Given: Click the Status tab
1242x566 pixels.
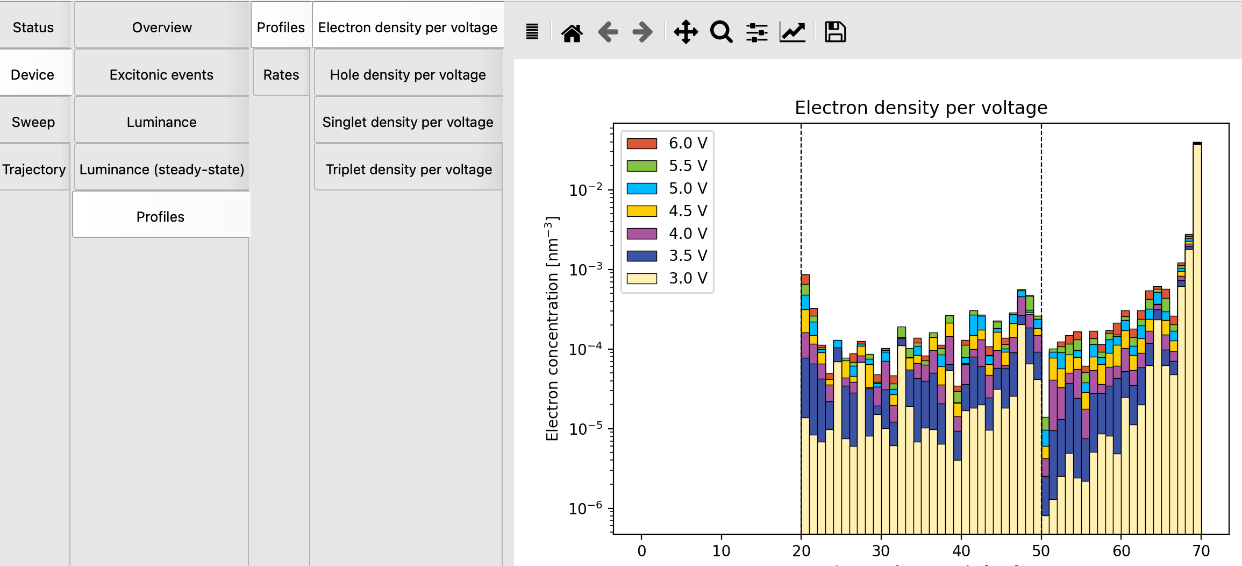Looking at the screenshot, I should tap(33, 27).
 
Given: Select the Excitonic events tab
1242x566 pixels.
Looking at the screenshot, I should tap(161, 75).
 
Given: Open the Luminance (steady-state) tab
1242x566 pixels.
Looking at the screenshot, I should tap(161, 169).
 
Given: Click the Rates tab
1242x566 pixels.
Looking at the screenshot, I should tap(281, 75).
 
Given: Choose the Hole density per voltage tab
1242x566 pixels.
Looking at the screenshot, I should tap(408, 75).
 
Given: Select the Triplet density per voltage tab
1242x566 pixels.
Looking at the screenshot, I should tap(408, 169).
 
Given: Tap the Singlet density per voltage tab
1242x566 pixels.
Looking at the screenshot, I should tap(408, 122).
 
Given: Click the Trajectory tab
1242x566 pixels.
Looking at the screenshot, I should tap(34, 169).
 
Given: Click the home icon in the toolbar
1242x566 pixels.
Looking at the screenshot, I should tap(572, 32).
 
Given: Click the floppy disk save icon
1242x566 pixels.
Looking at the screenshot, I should tap(835, 32).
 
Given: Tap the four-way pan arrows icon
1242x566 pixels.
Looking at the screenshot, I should tap(686, 32).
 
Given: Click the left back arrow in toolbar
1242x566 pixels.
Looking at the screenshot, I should tap(608, 32).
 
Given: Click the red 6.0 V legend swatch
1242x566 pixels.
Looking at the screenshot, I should tap(641, 144).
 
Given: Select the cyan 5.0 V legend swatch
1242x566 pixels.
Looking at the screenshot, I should tap(641, 188).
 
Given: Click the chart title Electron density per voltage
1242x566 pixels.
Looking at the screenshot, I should tap(920, 108).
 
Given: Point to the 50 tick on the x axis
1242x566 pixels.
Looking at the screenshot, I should tap(1041, 550).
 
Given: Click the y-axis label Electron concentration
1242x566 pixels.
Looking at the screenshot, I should tap(552, 328).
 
